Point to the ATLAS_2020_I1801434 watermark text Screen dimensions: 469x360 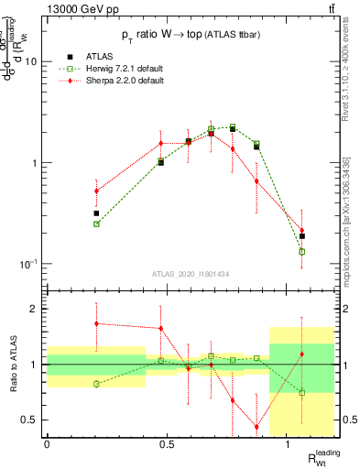pyautogui.click(x=190, y=274)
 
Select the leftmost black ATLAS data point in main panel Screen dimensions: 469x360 pyautogui.click(x=96, y=213)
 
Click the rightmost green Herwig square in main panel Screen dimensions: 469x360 pyautogui.click(x=302, y=251)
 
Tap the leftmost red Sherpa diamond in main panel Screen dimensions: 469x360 pyautogui.click(x=96, y=191)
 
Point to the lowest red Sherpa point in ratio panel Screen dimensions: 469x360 pyautogui.click(x=256, y=427)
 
